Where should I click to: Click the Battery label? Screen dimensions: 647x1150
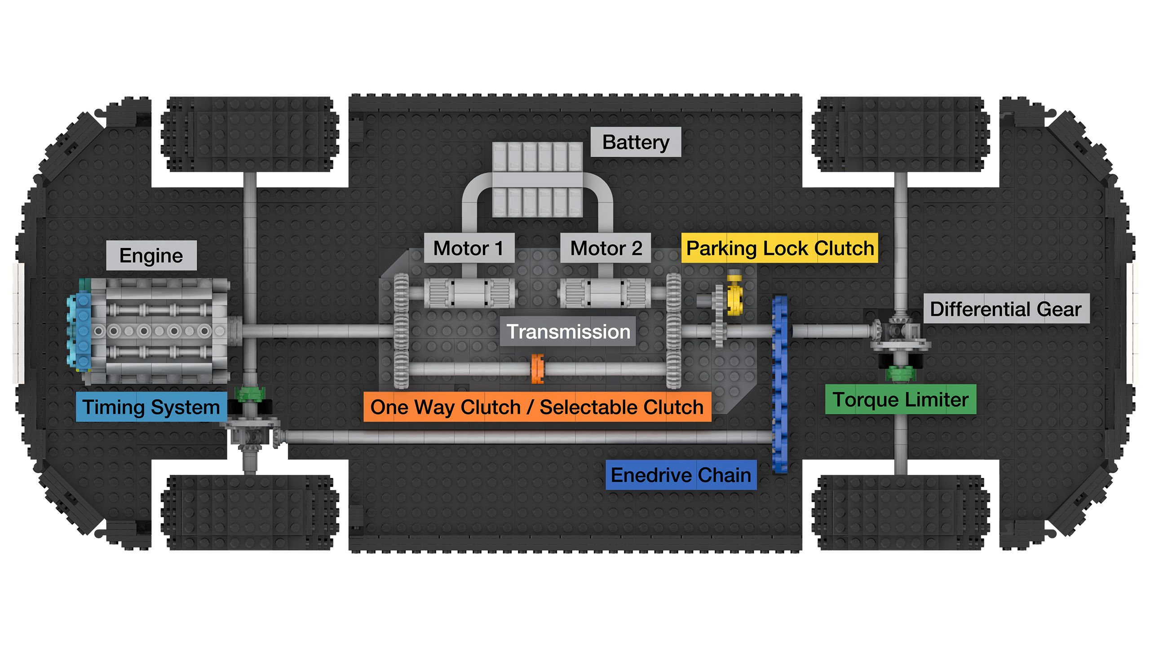click(x=635, y=142)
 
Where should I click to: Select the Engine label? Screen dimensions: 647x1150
click(x=151, y=256)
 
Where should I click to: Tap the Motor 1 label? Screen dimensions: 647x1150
click(x=469, y=248)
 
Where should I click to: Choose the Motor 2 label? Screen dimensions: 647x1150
click(x=606, y=248)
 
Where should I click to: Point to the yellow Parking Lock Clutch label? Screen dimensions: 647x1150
click(x=779, y=248)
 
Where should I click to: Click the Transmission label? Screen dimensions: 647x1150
click(x=568, y=332)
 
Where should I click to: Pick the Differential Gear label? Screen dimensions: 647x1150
click(x=1006, y=309)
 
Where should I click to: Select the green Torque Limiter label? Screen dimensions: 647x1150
click(x=900, y=399)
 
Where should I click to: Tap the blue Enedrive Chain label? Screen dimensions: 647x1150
click(x=681, y=475)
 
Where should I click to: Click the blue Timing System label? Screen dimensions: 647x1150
click(x=151, y=407)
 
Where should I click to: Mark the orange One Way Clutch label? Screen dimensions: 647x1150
click(x=537, y=407)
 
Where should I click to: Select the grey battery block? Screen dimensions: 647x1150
click(x=537, y=180)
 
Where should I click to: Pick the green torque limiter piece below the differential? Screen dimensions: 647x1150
click(x=900, y=373)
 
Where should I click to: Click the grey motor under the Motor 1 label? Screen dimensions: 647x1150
click(x=470, y=293)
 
